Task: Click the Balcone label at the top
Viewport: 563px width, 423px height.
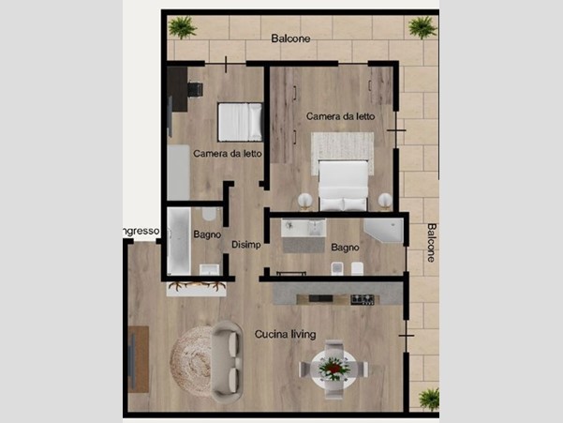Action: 290,38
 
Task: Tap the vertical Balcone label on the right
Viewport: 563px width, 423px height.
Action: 431,243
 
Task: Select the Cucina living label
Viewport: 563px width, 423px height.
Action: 286,334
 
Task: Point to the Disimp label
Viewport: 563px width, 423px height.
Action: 246,245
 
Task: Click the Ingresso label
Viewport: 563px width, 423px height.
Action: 141,231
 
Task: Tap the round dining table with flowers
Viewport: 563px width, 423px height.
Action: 334,370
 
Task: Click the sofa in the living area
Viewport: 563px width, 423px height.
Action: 228,361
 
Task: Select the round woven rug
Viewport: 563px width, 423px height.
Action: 192,361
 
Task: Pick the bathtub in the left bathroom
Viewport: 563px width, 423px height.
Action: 179,241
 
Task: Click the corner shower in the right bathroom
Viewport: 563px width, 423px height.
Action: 384,231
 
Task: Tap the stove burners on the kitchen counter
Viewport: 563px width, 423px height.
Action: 363,299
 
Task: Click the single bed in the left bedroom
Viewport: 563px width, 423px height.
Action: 240,122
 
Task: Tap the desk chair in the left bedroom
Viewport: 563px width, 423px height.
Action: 196,89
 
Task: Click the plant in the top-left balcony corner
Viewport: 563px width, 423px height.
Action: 183,27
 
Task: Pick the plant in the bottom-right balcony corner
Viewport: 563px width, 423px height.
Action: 429,399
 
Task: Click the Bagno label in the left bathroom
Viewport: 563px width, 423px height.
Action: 207,234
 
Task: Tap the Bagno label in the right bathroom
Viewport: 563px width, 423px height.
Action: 345,248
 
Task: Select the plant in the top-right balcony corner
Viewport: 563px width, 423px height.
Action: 422,27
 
